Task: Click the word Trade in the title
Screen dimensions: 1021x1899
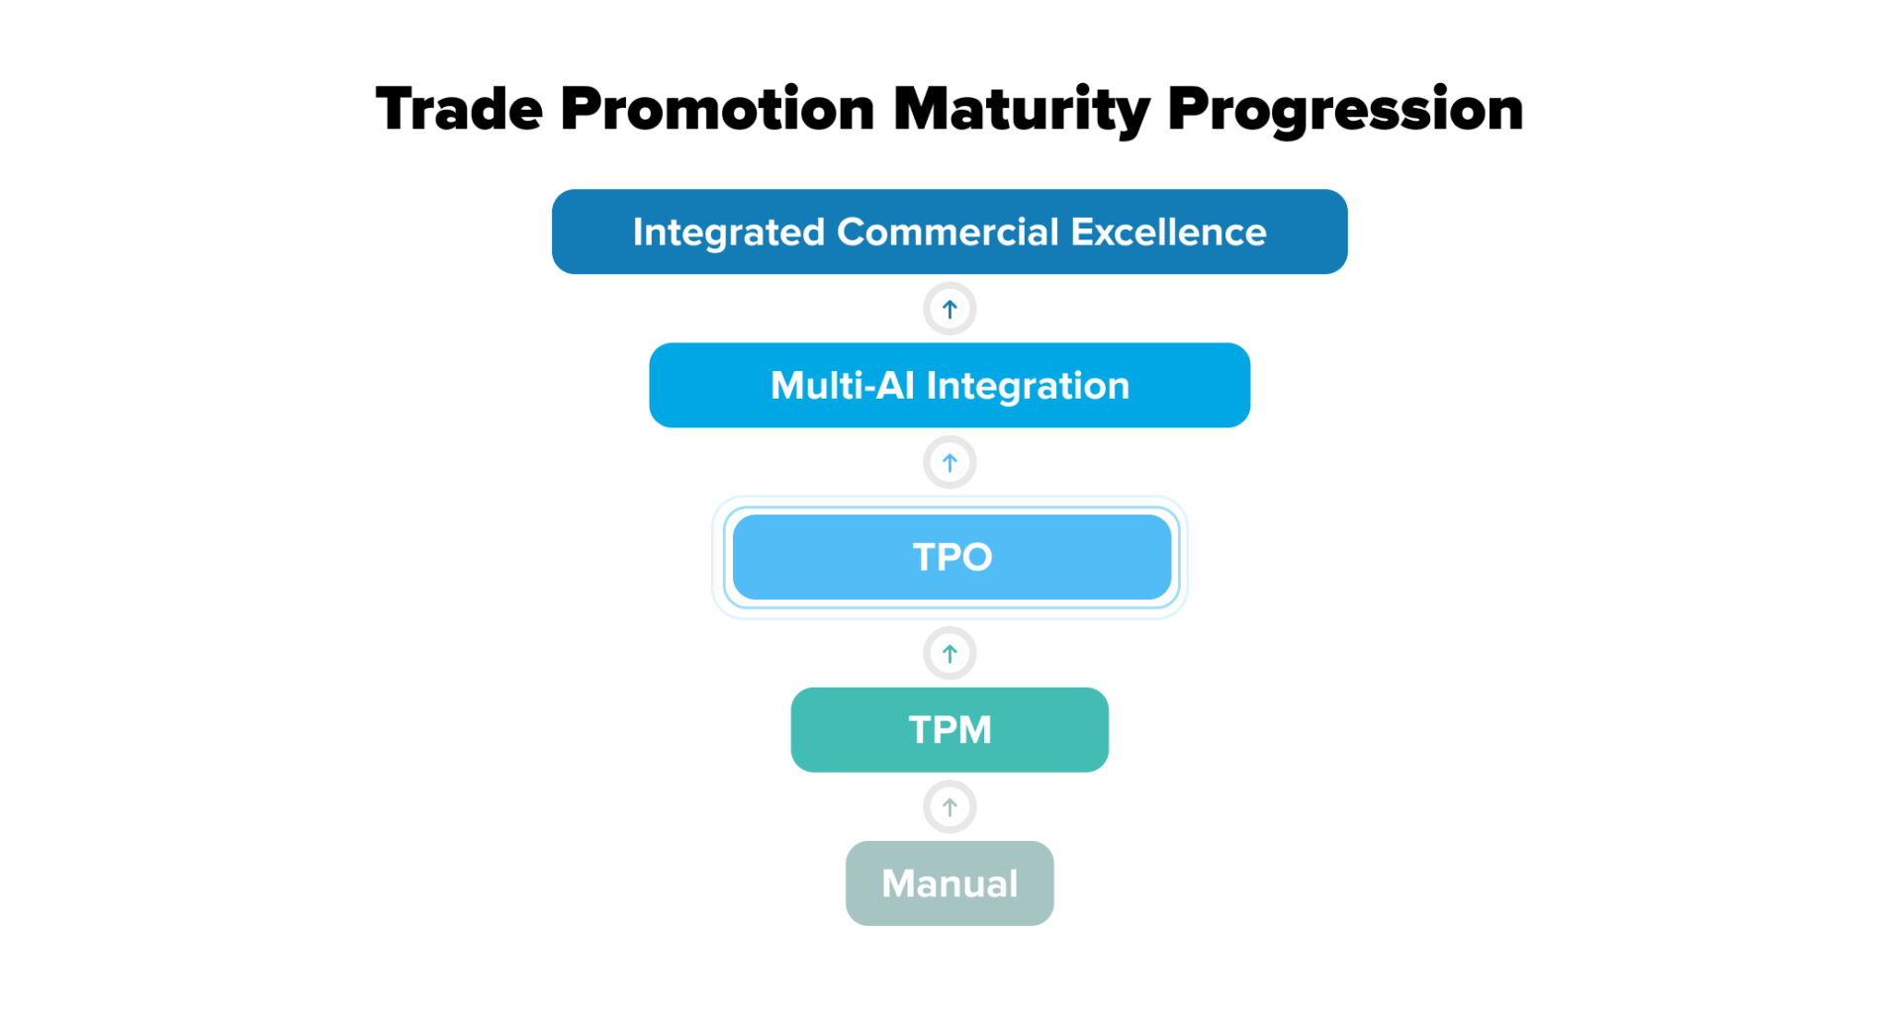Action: [x=459, y=109]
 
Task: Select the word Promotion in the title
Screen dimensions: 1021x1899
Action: [x=717, y=109]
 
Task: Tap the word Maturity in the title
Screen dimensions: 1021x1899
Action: [x=1021, y=109]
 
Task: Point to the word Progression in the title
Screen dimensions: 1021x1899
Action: [x=1345, y=109]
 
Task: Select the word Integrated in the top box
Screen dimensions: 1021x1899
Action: [x=729, y=232]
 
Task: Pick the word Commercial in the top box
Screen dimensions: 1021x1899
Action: [x=948, y=232]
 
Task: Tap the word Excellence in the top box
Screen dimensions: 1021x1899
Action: [x=1168, y=232]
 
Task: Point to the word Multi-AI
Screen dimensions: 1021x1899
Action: [x=842, y=386]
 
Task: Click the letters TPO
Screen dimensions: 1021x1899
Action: [x=951, y=557]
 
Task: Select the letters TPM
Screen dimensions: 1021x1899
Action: [x=949, y=730]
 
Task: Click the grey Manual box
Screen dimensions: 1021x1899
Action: [x=949, y=883]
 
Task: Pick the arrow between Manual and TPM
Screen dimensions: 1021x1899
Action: [x=949, y=807]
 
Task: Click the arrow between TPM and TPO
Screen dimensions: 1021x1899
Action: [x=949, y=654]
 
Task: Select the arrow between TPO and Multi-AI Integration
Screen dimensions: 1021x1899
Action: [x=949, y=463]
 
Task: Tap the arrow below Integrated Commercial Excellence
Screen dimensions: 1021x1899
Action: [x=949, y=310]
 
